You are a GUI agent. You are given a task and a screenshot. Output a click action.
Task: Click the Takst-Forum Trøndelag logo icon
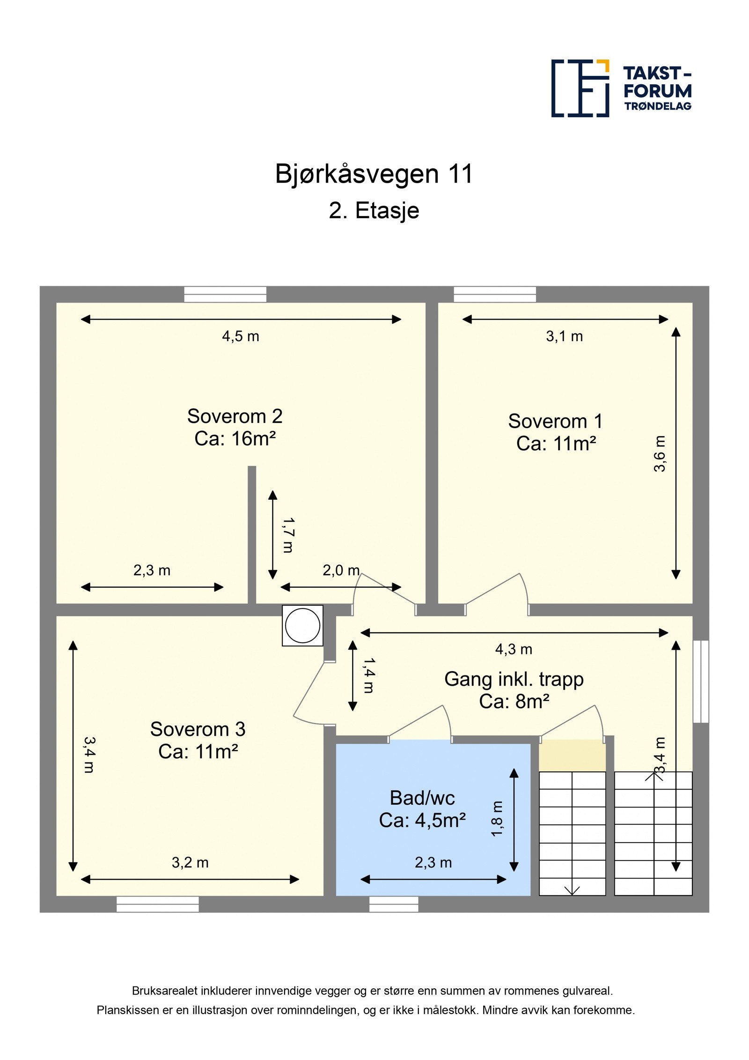point(580,88)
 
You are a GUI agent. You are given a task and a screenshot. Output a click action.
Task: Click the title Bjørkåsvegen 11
point(374,174)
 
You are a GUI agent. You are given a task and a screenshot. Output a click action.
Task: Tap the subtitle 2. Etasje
point(374,210)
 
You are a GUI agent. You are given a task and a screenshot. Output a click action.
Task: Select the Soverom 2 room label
point(235,427)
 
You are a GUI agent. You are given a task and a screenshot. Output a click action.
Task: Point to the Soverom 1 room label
point(556,432)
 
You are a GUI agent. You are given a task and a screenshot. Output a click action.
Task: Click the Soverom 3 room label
point(198,740)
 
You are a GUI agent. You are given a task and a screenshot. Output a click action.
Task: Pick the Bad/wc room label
point(422,808)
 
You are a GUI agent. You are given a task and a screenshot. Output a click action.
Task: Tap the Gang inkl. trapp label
point(514,689)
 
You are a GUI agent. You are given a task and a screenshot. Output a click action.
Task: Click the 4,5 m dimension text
point(240,336)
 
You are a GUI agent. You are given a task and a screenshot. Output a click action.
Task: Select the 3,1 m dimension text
point(564,336)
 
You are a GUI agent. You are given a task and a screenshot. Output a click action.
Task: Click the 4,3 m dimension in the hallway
point(514,649)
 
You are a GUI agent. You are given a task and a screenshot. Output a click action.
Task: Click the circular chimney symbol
point(302,625)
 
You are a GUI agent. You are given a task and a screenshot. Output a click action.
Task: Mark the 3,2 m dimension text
point(190,862)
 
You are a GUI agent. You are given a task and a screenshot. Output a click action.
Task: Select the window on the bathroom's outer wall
point(393,904)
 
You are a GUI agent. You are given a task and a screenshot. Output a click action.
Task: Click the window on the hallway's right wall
point(700,681)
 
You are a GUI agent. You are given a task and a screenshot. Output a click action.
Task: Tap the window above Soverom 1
point(494,294)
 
